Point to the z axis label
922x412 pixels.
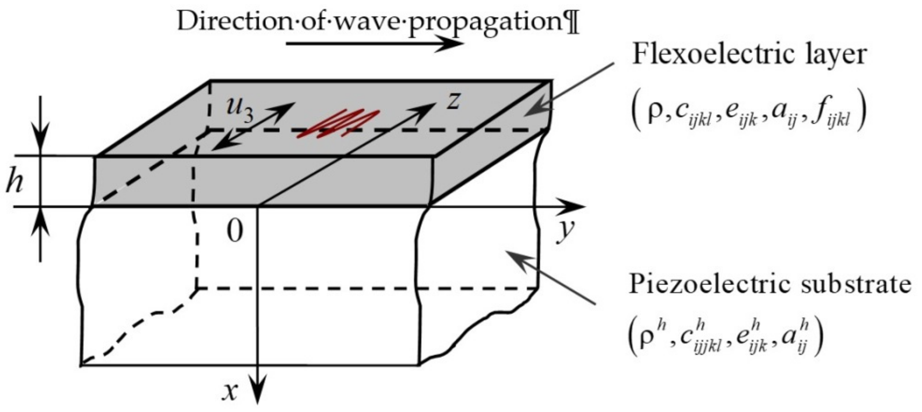(x=453, y=101)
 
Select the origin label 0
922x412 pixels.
(x=235, y=231)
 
